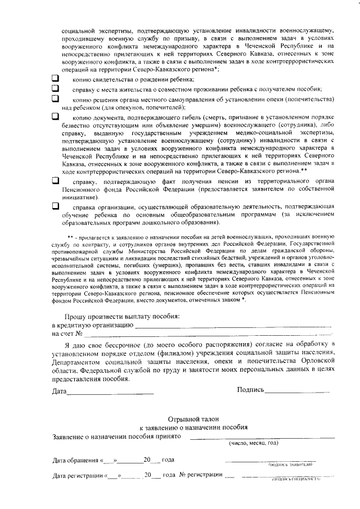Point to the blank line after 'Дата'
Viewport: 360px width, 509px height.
110,392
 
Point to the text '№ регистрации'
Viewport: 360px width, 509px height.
200,476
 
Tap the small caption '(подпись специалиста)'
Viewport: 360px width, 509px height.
296,480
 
